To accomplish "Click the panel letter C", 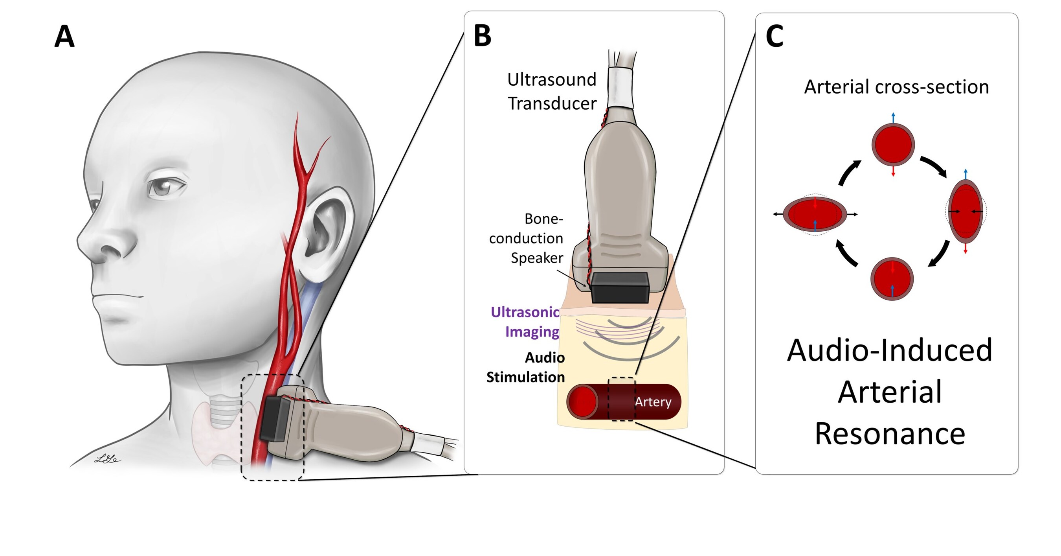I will pyautogui.click(x=774, y=36).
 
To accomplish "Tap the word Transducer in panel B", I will pyautogui.click(x=552, y=103).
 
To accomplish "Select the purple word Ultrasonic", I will pyautogui.click(x=525, y=312).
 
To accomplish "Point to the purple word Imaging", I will pyautogui.click(x=532, y=331).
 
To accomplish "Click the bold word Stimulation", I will pyautogui.click(x=525, y=377).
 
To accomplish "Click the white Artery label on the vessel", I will pyautogui.click(x=653, y=402).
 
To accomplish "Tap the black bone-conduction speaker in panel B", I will pyautogui.click(x=620, y=287).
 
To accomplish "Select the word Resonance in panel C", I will pyautogui.click(x=890, y=434).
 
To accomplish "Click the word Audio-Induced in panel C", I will pyautogui.click(x=890, y=350).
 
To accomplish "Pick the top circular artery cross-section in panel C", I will pyautogui.click(x=893, y=145).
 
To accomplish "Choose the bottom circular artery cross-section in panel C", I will pyautogui.click(x=892, y=279).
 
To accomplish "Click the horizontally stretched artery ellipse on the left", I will pyautogui.click(x=815, y=214).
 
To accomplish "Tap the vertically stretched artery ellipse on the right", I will pyautogui.click(x=966, y=211).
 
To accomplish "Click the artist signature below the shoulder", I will pyautogui.click(x=107, y=458).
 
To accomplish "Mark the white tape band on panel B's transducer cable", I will pyautogui.click(x=620, y=87).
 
